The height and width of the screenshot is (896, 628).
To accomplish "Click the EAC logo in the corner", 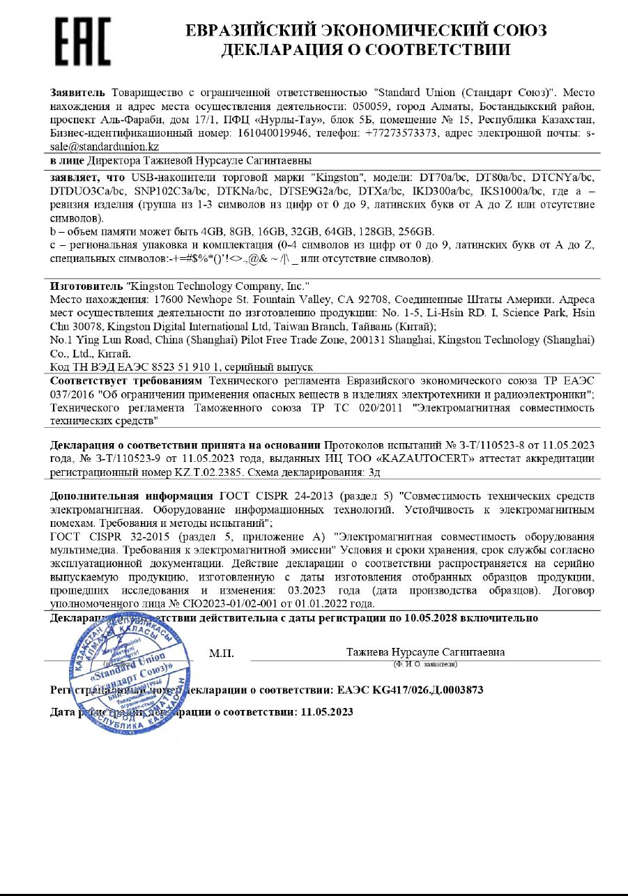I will tap(82, 41).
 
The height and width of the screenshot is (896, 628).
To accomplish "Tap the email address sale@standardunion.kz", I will tap(105, 146).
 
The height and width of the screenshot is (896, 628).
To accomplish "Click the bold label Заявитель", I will tap(77, 93).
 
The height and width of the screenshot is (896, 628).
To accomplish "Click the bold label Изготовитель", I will tap(86, 286).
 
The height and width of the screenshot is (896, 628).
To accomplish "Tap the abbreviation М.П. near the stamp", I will tap(221, 654).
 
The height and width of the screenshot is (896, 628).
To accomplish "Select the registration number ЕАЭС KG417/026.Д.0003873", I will tap(410, 690).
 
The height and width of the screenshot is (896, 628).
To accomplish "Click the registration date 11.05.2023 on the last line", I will tap(326, 712).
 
